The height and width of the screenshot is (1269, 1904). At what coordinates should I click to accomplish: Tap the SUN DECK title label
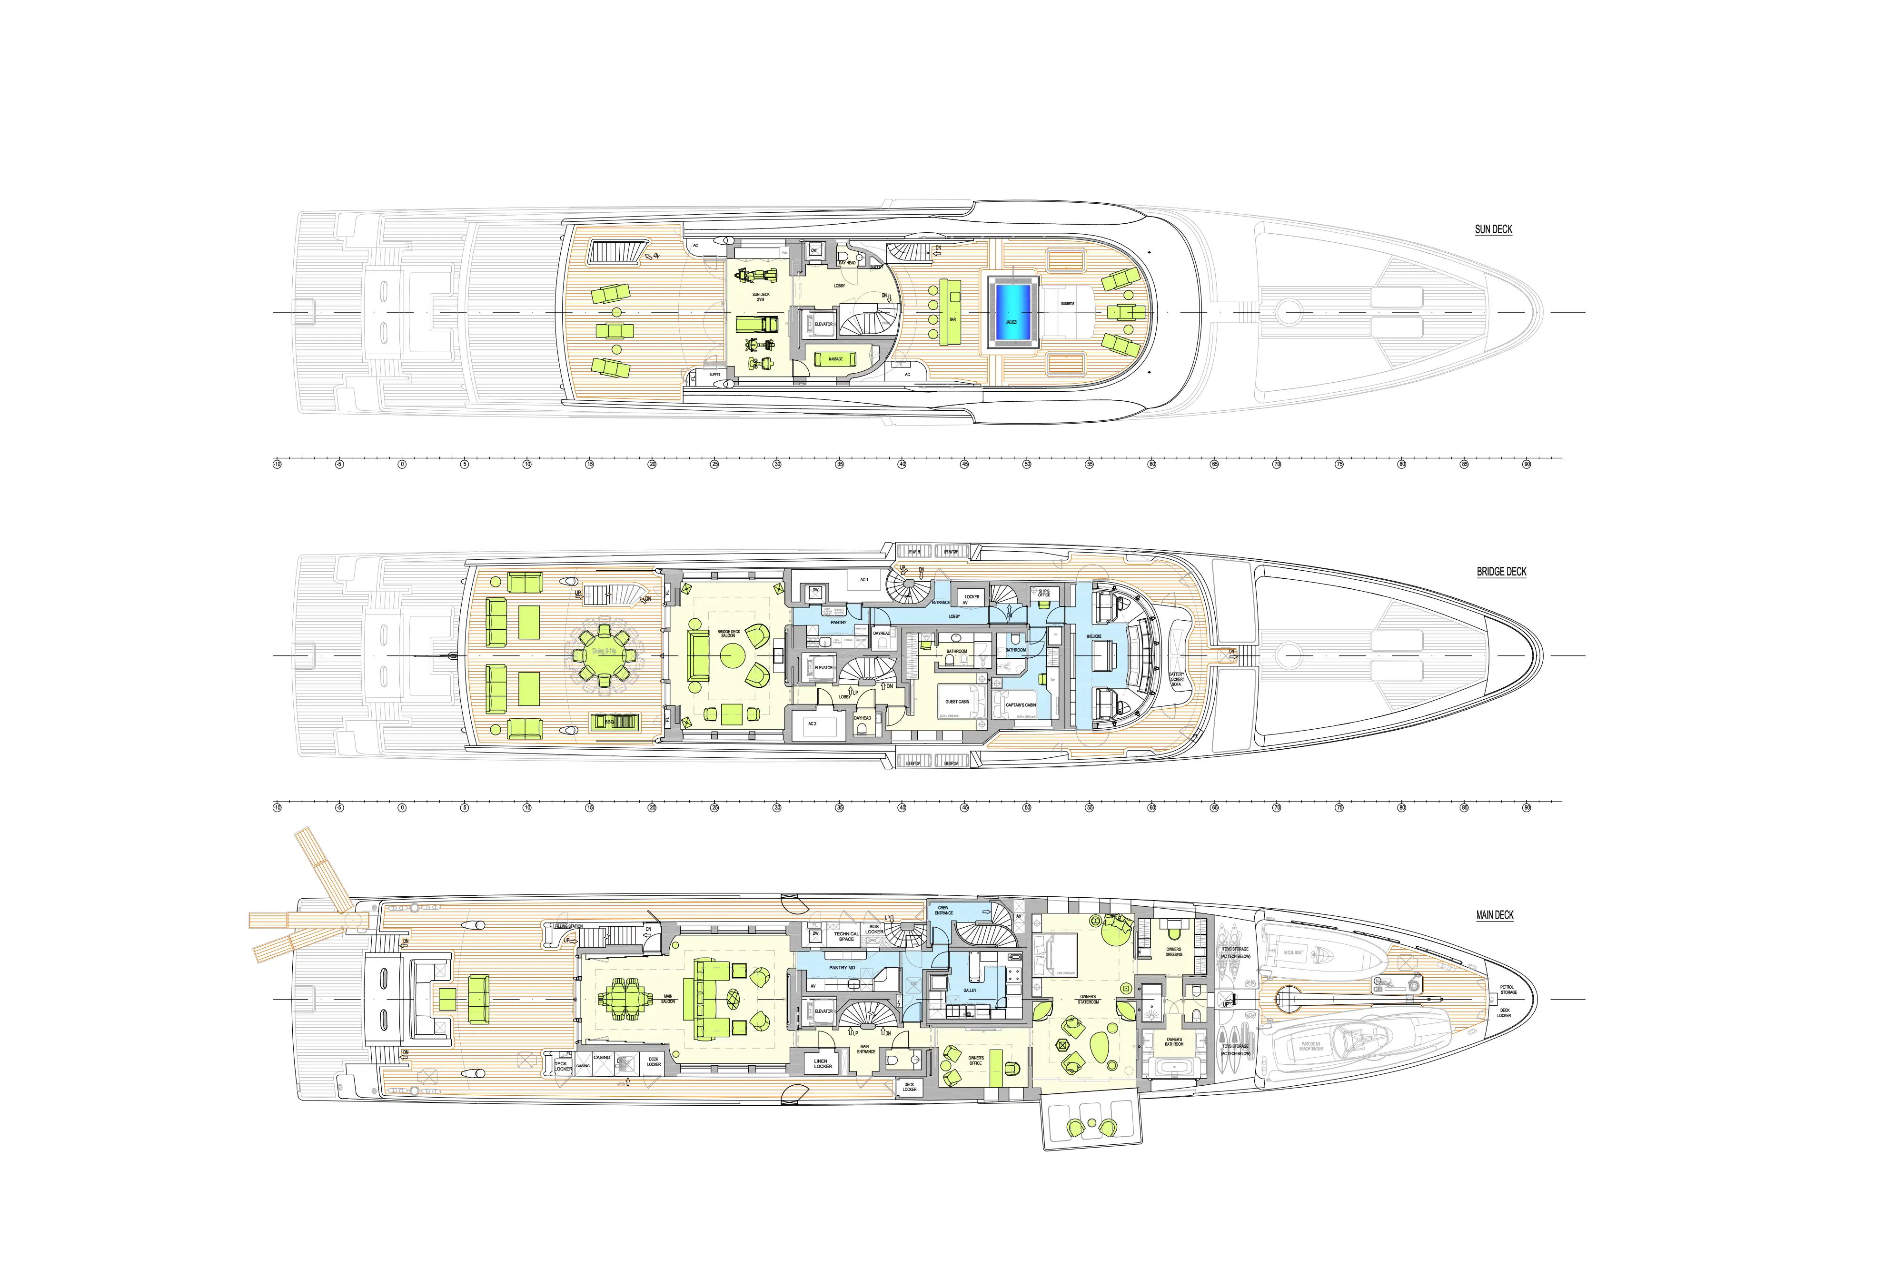point(1493,229)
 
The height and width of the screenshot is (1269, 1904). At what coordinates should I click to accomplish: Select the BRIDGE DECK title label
point(1501,571)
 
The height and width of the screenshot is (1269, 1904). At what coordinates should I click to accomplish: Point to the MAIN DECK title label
point(1495,915)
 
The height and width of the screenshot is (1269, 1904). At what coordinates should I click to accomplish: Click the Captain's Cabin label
point(1021,705)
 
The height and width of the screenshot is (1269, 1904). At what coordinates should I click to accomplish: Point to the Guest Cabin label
point(957,702)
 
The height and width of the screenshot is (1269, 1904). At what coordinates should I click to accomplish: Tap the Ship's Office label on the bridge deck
point(1044,593)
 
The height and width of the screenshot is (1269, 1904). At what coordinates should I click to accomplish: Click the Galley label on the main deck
point(970,990)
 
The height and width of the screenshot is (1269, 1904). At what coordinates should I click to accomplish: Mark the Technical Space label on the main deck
point(846,936)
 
